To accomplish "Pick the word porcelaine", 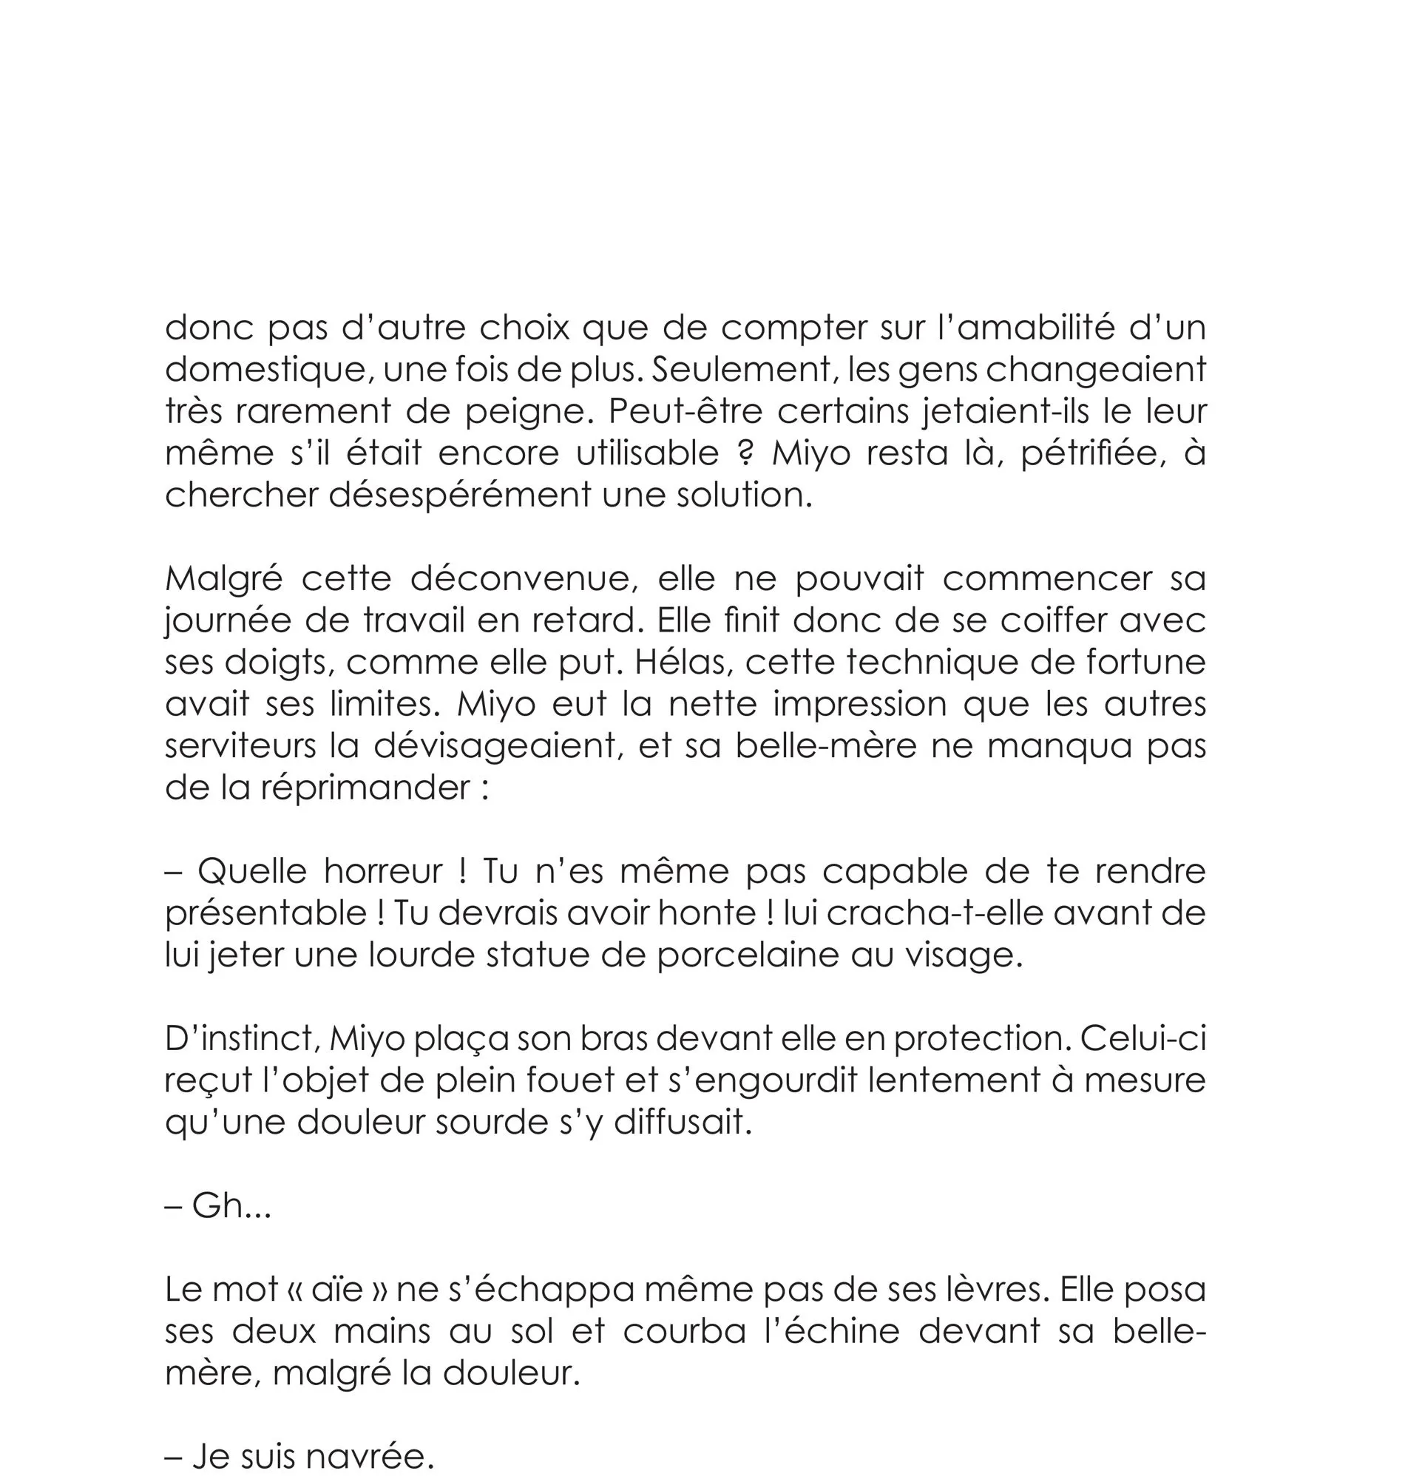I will click(x=748, y=955).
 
